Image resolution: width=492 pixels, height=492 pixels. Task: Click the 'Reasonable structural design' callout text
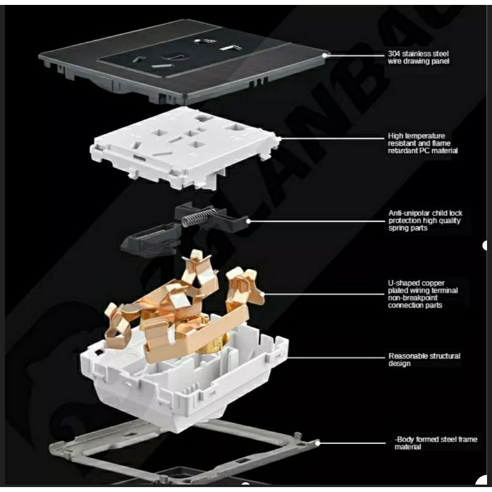pyautogui.click(x=424, y=360)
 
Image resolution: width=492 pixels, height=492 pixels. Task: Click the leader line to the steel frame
pyautogui.click(x=351, y=442)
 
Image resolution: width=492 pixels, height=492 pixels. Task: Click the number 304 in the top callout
pyautogui.click(x=394, y=54)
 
